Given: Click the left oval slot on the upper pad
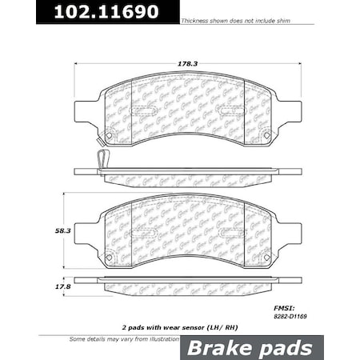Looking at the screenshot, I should point(144,111).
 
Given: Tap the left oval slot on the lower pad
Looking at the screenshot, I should point(144,233).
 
